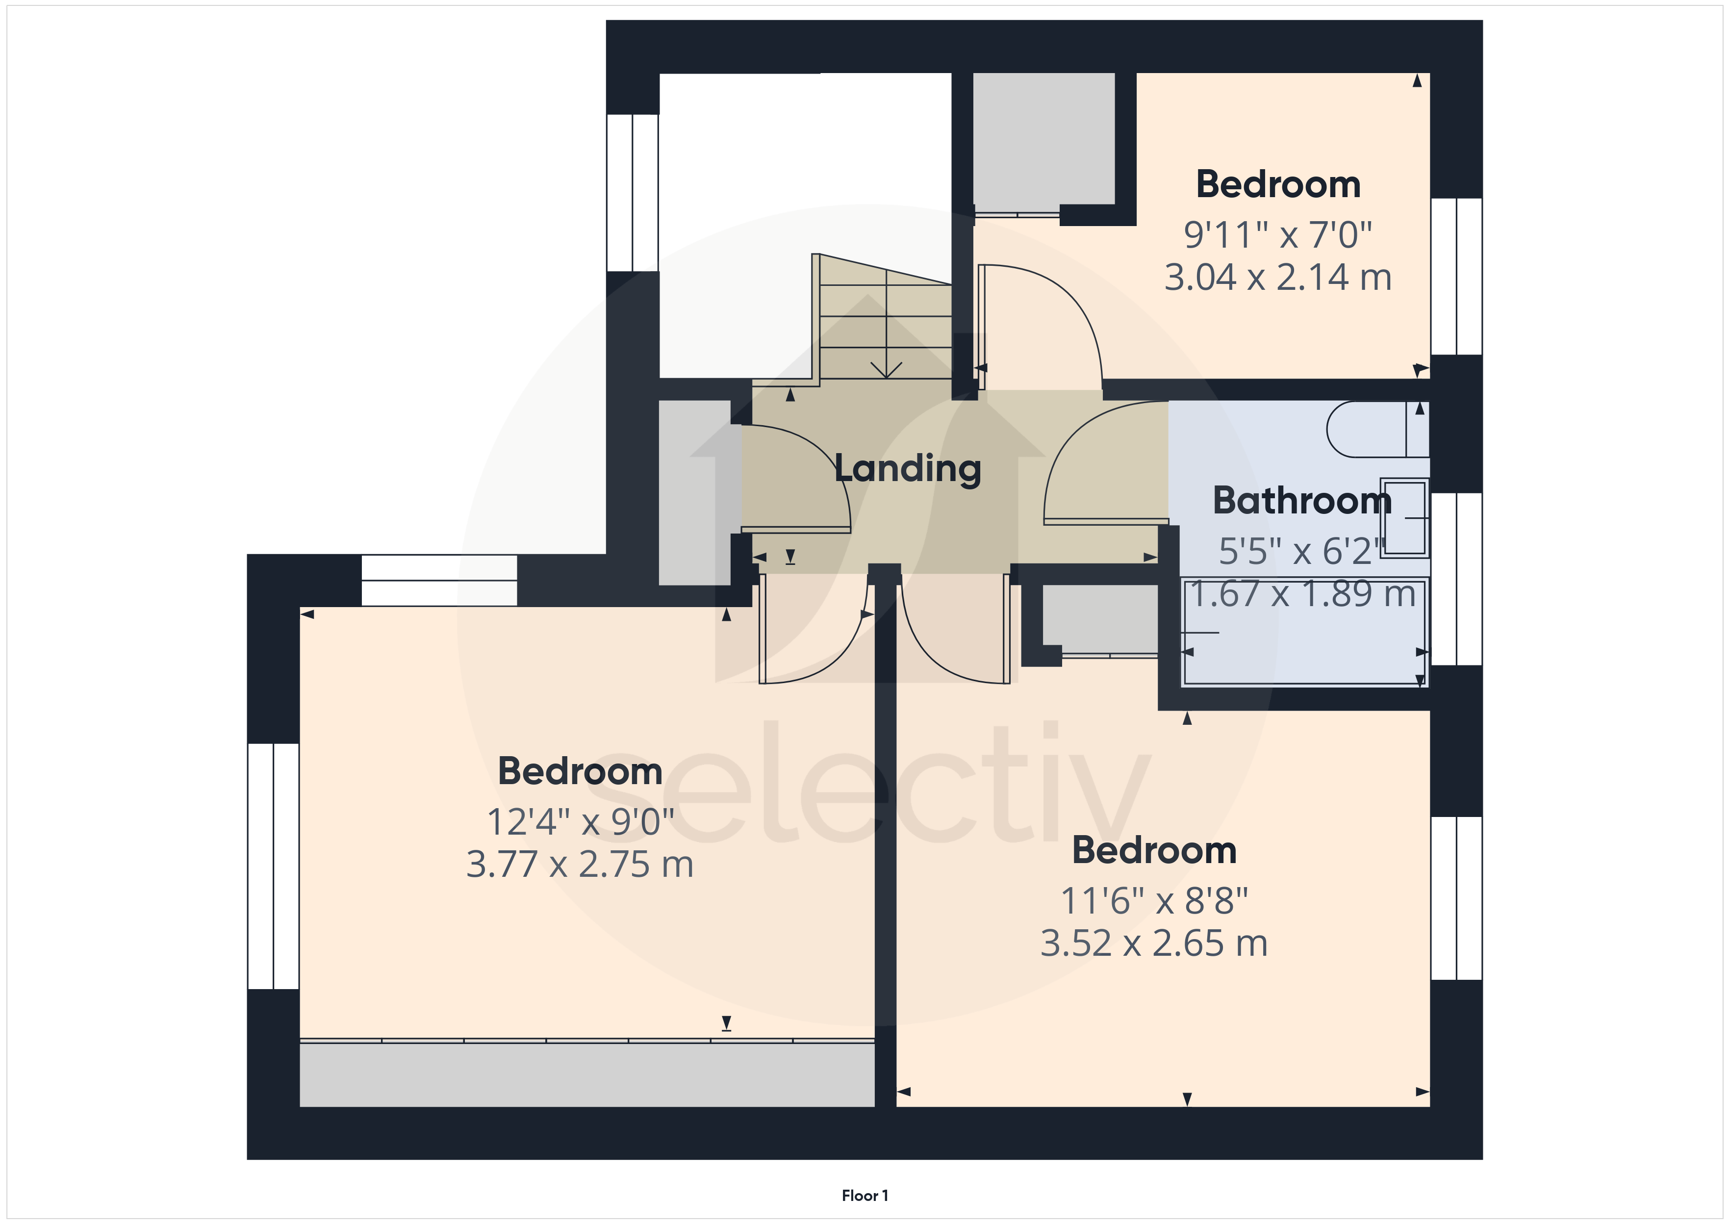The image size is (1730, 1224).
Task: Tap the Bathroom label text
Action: point(1301,501)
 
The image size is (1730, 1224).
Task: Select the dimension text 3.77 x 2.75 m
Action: point(580,865)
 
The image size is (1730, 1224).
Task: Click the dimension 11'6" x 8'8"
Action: point(1154,901)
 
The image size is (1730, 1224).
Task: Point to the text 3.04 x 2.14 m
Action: point(1277,278)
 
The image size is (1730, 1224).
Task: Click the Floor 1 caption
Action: point(864,1196)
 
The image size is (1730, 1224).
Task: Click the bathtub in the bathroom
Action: point(1303,632)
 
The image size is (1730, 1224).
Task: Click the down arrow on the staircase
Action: point(886,369)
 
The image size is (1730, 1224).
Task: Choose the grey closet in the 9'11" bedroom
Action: point(1043,139)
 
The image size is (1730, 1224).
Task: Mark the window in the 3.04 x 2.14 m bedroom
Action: point(1456,276)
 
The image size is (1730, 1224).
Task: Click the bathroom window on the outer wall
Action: point(1456,579)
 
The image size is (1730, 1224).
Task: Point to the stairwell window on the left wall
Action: point(633,192)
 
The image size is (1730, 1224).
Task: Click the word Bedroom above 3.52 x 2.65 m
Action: point(1154,851)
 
